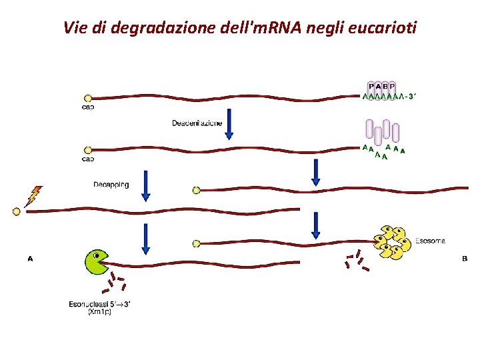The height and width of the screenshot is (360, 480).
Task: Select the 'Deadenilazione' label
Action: (197, 123)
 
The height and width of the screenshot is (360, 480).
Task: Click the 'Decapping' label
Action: (111, 184)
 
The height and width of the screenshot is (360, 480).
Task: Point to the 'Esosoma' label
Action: (430, 240)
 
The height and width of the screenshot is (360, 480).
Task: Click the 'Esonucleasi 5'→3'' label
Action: (99, 305)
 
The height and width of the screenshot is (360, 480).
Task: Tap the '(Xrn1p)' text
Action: (99, 313)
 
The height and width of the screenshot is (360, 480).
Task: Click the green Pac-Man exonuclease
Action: (97, 262)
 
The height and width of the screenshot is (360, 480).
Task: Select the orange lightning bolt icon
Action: (32, 195)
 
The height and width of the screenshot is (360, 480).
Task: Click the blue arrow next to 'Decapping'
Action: (145, 185)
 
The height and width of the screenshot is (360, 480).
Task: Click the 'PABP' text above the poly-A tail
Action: (383, 85)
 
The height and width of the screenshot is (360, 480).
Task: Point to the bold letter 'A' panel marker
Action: (30, 259)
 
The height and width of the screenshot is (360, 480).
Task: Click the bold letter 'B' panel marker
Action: (465, 259)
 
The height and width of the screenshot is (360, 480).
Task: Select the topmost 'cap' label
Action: (87, 107)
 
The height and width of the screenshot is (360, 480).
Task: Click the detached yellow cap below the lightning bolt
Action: (17, 211)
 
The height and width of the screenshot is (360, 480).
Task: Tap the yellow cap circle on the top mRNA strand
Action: (87, 97)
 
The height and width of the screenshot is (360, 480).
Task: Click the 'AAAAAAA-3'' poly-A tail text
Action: (389, 96)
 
